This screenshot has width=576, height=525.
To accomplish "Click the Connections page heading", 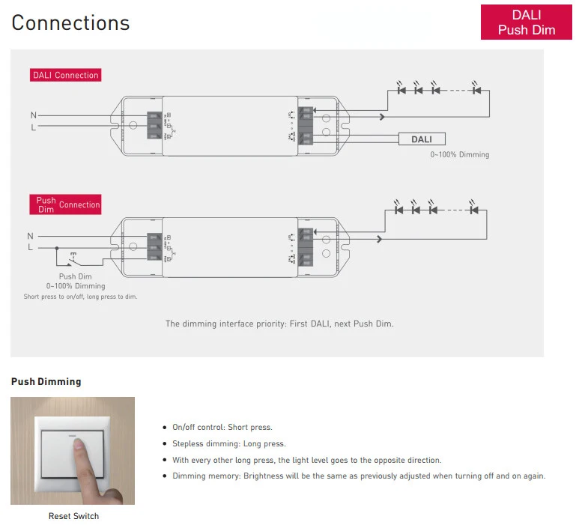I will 70,22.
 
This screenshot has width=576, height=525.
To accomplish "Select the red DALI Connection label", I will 65,75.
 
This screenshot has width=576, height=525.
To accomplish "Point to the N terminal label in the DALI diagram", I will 33,115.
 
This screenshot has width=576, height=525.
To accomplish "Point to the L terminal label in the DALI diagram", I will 33,127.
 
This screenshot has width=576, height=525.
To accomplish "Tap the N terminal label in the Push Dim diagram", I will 31,236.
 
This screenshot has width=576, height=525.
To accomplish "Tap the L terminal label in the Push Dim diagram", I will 31,247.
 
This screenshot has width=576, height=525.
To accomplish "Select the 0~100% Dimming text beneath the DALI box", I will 459,155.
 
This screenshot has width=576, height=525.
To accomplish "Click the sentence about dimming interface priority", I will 279,324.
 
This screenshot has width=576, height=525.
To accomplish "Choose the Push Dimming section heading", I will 46,382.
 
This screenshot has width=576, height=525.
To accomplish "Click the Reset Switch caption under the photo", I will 73,516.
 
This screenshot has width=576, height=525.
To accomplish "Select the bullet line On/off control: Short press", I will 222,427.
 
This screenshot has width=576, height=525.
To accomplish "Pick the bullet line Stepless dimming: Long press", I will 228,443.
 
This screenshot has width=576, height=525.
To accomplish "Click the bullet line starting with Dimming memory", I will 359,476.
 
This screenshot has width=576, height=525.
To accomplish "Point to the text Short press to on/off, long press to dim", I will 80,297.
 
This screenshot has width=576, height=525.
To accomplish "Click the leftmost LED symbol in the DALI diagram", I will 401,90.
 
